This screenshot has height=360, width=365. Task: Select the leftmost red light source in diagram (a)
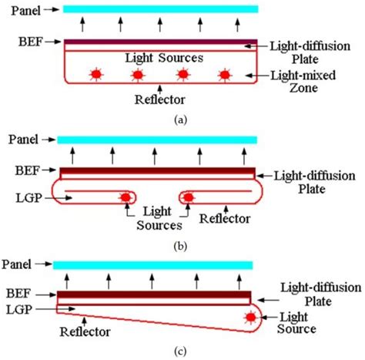[96, 75]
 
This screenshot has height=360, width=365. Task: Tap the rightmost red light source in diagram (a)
[225, 75]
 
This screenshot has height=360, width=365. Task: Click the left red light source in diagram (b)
[124, 198]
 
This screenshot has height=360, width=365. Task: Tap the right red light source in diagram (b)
[187, 198]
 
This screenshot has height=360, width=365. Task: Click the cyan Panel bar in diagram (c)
[152, 264]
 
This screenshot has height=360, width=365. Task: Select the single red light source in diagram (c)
[249, 317]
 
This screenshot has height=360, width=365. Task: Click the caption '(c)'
[181, 351]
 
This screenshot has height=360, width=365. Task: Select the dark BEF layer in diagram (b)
[157, 170]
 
